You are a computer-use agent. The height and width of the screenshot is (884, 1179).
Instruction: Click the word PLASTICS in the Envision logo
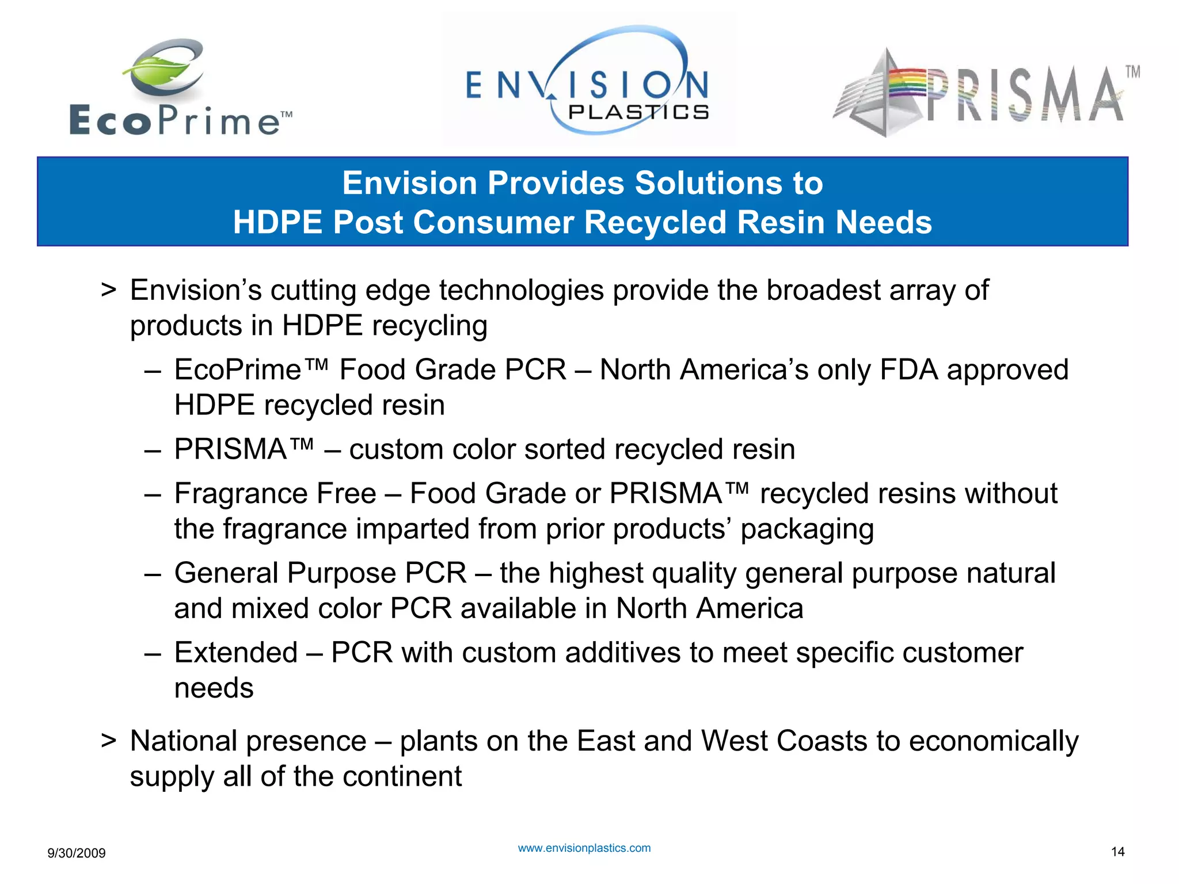pyautogui.click(x=638, y=112)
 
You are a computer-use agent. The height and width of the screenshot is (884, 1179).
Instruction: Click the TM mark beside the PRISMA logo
pyautogui.click(x=1132, y=72)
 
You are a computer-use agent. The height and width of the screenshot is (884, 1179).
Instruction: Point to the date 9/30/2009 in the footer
pyautogui.click(x=77, y=853)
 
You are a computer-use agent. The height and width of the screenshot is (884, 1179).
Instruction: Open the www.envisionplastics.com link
pyautogui.click(x=584, y=848)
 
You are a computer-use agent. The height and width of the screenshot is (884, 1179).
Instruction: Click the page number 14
pyautogui.click(x=1117, y=852)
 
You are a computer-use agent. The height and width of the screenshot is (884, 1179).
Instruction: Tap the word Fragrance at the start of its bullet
pyautogui.click(x=275, y=493)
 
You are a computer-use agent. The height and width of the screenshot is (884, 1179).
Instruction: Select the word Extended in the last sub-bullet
pyautogui.click(x=236, y=653)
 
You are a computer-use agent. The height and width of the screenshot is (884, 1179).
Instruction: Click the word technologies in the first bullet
pyautogui.click(x=521, y=290)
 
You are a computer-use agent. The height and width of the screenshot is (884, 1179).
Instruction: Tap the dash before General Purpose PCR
pyautogui.click(x=153, y=573)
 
